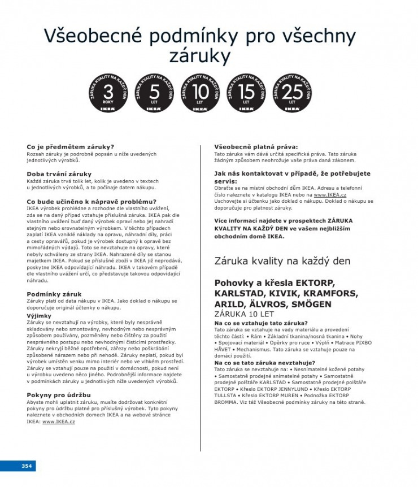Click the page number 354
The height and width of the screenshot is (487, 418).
(x=26, y=466)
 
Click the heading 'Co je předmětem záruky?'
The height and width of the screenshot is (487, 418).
(x=70, y=147)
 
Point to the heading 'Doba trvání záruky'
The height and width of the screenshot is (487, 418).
(x=59, y=173)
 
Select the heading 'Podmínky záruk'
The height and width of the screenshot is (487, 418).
(x=54, y=294)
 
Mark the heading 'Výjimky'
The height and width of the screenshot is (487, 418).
(x=39, y=316)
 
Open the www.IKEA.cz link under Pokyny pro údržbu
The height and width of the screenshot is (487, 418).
(x=58, y=421)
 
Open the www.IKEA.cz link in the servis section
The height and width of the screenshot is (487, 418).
(x=330, y=194)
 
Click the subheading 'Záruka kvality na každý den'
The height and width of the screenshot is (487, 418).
(x=282, y=261)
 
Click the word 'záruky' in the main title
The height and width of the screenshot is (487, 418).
(x=200, y=56)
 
